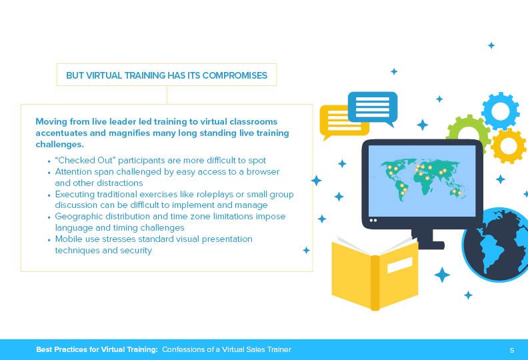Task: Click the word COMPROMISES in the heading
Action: [235, 75]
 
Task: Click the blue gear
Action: [501, 111]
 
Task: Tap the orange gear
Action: [509, 146]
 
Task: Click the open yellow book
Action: [375, 273]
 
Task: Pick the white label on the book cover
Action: [400, 265]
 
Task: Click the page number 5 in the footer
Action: [512, 350]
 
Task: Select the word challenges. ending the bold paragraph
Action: [59, 145]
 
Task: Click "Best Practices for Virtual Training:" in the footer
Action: [97, 349]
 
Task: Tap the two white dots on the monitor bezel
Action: [373, 220]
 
